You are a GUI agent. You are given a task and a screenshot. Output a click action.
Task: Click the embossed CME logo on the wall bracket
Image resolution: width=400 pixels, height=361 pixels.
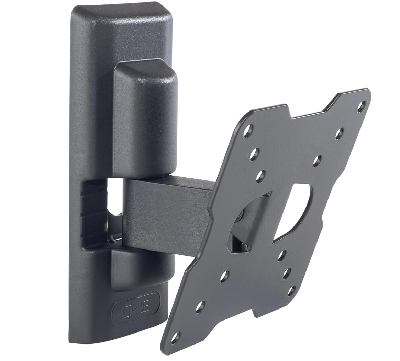point(136,304)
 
